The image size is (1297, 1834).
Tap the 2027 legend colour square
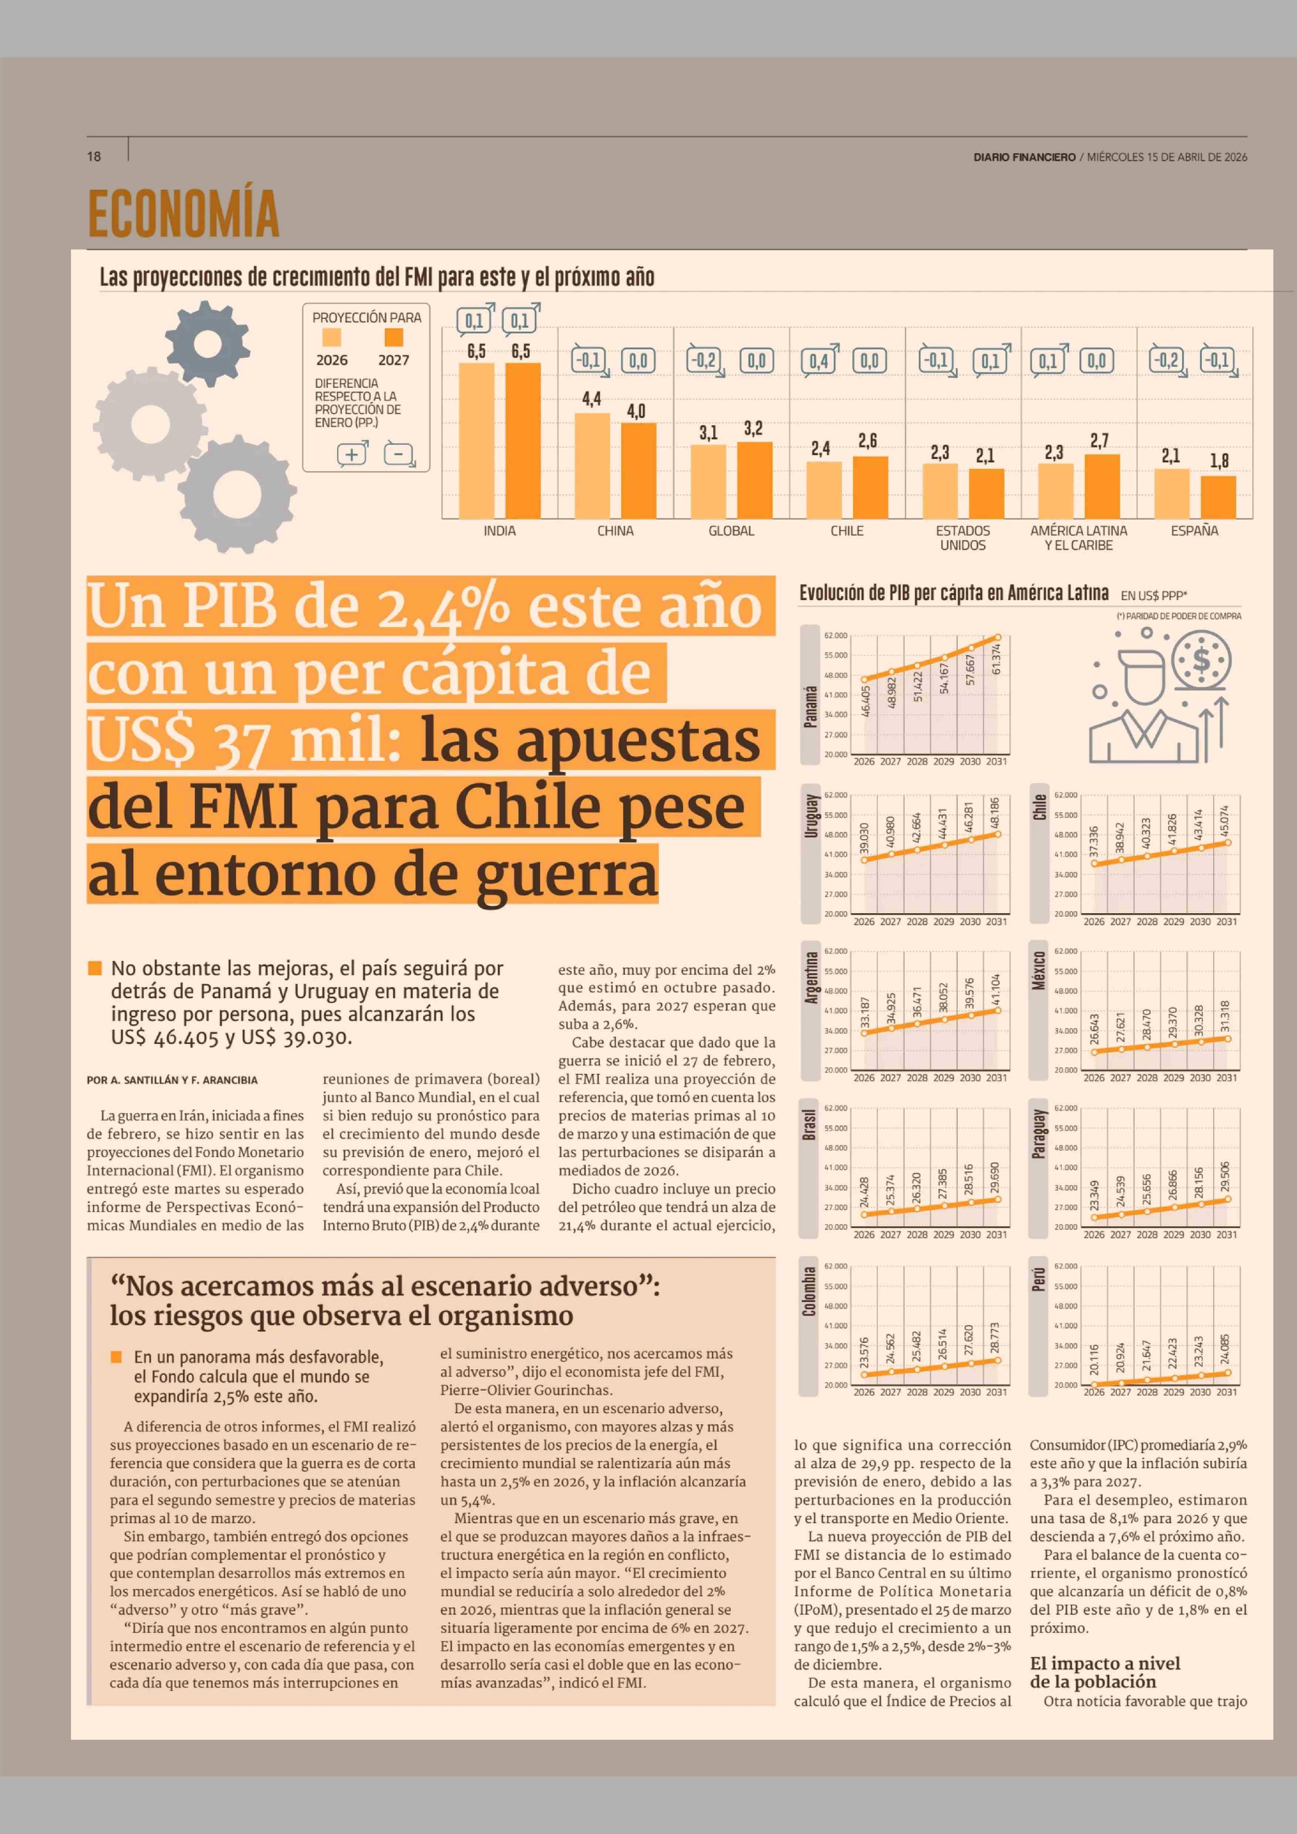coord(393,337)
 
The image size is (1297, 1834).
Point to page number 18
coord(94,157)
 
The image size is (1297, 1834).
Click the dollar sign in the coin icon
coord(1201,660)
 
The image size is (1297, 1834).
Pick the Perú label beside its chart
coord(1039,1280)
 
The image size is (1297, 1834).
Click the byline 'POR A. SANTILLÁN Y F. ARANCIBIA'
coord(172,1080)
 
